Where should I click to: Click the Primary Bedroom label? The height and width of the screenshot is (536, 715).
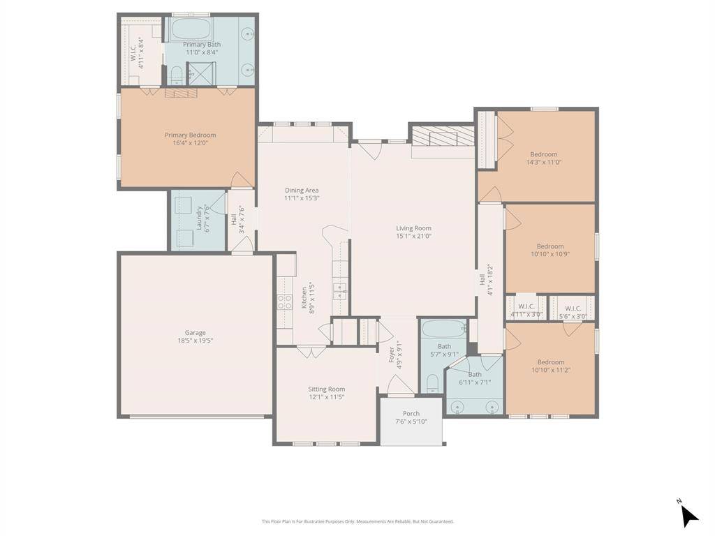[190, 135]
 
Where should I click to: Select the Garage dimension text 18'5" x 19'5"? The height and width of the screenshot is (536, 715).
[195, 341]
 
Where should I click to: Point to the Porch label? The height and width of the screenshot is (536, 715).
[411, 414]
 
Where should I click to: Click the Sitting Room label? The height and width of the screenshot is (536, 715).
[326, 389]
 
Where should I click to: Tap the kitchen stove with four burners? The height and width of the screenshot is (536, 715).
[285, 301]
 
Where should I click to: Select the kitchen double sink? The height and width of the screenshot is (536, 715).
[340, 291]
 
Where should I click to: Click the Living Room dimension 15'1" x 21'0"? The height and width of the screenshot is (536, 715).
[413, 236]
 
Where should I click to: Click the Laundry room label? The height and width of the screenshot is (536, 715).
[199, 218]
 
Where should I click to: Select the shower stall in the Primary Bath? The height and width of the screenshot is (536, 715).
[202, 73]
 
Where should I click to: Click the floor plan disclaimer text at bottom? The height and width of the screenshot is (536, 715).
[357, 521]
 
